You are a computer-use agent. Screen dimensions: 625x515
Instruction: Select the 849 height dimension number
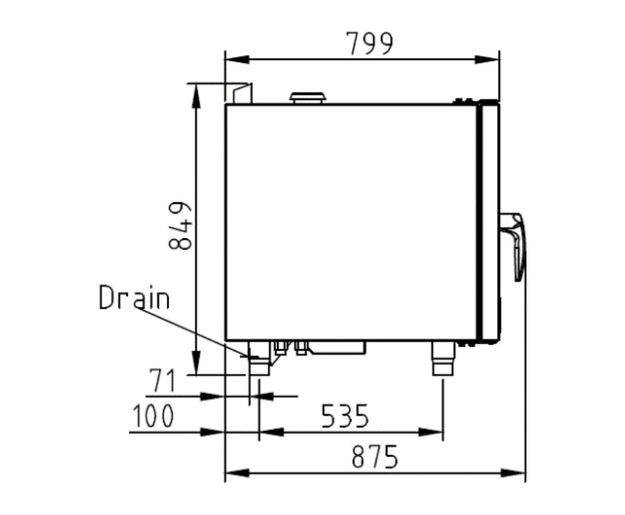click(179, 226)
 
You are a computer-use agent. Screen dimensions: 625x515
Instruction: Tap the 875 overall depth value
click(375, 456)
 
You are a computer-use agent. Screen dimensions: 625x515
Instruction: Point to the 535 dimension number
click(345, 416)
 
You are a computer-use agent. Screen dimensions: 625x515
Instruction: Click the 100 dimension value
click(153, 416)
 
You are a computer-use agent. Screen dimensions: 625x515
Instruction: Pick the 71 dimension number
click(162, 380)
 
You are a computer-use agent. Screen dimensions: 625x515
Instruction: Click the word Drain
click(134, 297)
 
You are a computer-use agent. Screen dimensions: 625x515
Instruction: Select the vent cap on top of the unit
click(308, 98)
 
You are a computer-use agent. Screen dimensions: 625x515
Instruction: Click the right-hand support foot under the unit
click(443, 358)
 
